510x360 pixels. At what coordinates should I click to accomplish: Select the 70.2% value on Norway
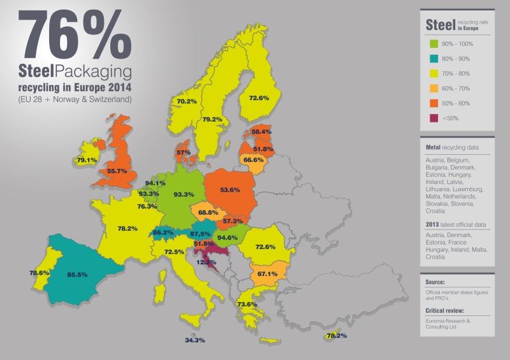(187, 101)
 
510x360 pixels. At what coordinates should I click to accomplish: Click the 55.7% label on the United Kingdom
(118, 171)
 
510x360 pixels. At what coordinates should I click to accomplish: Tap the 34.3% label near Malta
(194, 340)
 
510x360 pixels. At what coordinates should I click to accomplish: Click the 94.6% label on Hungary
(228, 238)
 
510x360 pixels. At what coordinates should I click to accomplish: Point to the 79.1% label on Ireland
(87, 160)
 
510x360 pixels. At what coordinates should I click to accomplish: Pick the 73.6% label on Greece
(246, 304)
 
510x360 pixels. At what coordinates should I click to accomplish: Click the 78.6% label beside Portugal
(40, 273)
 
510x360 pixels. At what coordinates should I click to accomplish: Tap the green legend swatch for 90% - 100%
(433, 44)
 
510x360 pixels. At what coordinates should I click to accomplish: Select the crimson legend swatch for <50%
(433, 118)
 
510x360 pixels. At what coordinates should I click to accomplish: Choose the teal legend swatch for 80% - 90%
(433, 59)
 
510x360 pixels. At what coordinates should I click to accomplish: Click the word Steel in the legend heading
(440, 25)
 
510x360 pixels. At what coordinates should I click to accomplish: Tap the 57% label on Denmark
(184, 152)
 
